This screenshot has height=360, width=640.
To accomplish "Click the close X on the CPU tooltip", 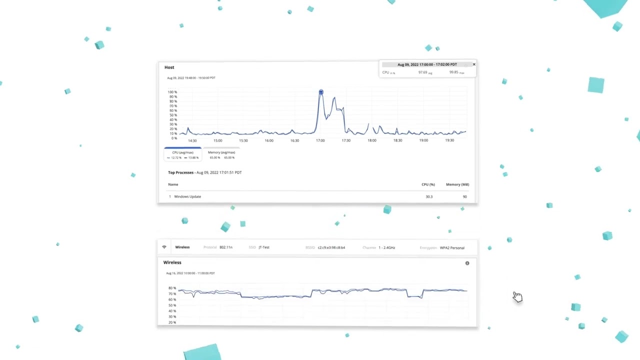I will (x=474, y=64).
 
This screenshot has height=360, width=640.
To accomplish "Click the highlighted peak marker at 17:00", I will (x=321, y=92).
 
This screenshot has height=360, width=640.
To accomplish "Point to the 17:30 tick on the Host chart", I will (x=346, y=140).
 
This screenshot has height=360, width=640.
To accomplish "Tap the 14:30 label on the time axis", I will (x=192, y=140).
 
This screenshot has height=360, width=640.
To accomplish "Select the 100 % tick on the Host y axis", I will (x=172, y=92).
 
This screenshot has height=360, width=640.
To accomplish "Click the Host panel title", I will (x=169, y=67).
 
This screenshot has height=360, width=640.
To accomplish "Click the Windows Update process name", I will (x=187, y=196).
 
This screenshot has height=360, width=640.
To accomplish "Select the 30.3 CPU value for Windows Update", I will (x=429, y=196).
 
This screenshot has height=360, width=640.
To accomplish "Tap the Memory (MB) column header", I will (x=457, y=184).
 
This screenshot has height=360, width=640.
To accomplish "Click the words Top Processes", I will (x=180, y=172).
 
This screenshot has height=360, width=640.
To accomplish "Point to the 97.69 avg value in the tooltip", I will (x=423, y=72).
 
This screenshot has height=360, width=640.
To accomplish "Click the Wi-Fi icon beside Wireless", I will (x=164, y=247).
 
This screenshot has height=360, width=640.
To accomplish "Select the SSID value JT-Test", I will (x=264, y=247).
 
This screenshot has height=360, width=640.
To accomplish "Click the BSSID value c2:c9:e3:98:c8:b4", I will (x=331, y=247).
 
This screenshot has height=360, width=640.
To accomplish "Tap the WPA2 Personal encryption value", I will (x=452, y=247).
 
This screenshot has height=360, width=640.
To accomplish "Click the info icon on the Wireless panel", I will (x=467, y=263).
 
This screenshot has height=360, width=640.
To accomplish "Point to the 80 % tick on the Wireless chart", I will (x=172, y=288).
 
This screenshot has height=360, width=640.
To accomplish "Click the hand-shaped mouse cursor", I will (x=517, y=297).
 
